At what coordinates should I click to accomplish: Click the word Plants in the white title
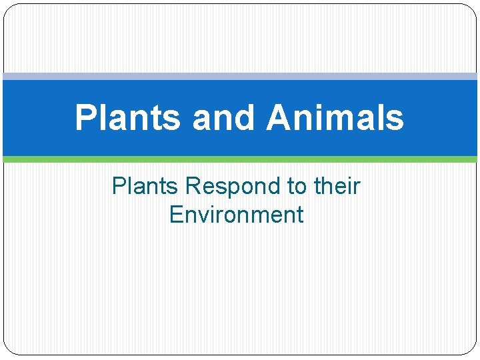point(127,118)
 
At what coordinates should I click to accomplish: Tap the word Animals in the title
point(335,118)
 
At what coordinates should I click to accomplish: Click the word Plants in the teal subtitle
point(145,186)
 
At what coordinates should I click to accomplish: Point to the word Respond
point(233,186)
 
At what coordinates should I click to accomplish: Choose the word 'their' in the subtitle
point(337,186)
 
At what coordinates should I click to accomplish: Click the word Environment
point(237,215)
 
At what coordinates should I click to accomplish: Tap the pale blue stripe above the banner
point(240,77)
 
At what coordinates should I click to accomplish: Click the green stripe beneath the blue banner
point(240,159)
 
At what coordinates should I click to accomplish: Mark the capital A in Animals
point(279,118)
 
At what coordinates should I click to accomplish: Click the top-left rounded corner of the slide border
point(8,9)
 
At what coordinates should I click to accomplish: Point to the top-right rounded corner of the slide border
point(473,9)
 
